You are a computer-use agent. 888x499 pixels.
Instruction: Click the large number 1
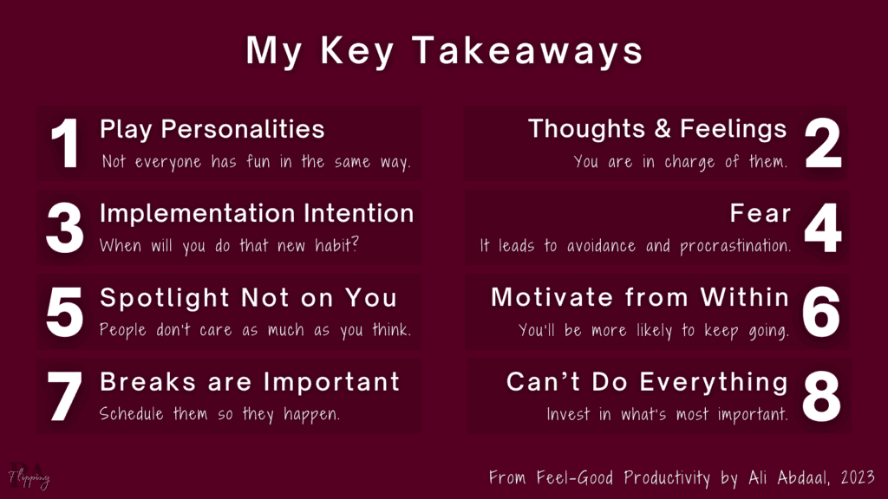pyautogui.click(x=65, y=145)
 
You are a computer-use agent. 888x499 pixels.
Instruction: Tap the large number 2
pyautogui.click(x=822, y=145)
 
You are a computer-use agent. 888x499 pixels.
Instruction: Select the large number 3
pyautogui.click(x=65, y=229)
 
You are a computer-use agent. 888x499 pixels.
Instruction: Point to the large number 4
pyautogui.click(x=822, y=229)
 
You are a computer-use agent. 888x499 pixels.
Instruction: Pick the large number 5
pyautogui.click(x=65, y=313)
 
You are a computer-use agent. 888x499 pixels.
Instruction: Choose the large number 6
pyautogui.click(x=822, y=313)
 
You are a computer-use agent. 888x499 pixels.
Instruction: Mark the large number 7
pyautogui.click(x=65, y=397)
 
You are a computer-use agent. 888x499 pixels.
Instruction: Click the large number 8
pyautogui.click(x=822, y=397)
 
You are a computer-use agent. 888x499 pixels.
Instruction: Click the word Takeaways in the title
pyautogui.click(x=527, y=52)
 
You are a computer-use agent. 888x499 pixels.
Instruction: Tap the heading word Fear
pyautogui.click(x=760, y=213)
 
